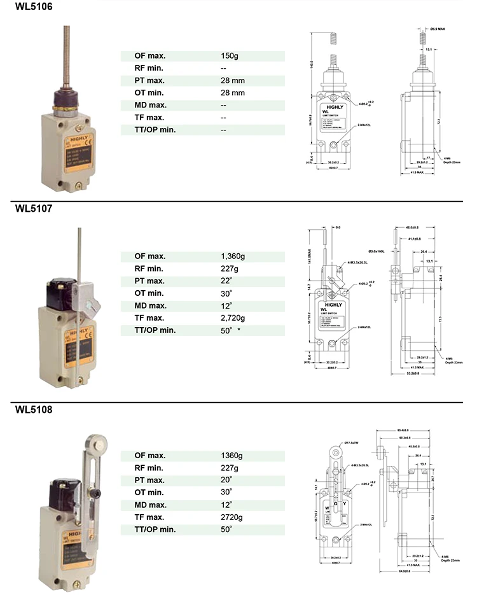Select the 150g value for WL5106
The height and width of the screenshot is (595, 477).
(x=229, y=56)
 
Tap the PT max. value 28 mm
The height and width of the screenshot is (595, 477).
(x=233, y=81)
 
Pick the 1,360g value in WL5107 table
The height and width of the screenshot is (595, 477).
(x=233, y=256)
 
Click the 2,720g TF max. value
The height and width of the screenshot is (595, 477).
(x=233, y=318)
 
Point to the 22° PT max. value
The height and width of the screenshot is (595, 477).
(x=226, y=281)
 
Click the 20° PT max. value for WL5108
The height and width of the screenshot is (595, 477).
(x=226, y=480)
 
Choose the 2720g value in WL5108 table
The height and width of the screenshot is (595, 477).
(x=232, y=517)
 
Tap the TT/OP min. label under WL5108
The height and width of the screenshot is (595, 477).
(x=155, y=529)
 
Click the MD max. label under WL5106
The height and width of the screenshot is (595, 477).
(x=150, y=105)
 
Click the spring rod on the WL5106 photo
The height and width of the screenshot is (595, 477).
(x=66, y=57)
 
